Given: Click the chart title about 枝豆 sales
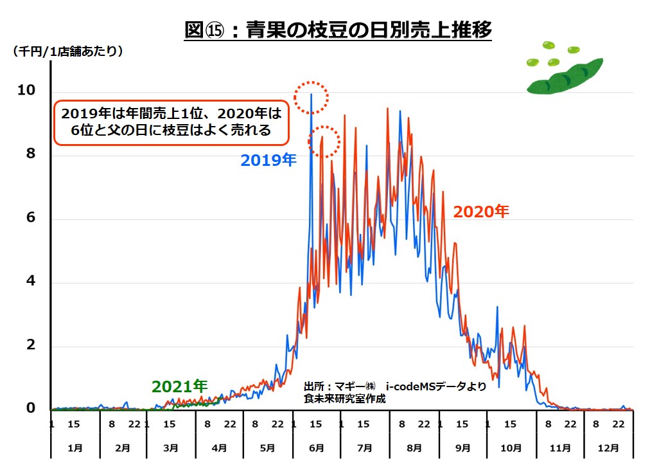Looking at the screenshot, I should click(338, 30).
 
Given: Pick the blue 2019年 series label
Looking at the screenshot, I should click(268, 160).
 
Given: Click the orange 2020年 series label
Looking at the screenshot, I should click(481, 211).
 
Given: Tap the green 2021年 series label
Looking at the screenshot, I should click(179, 386).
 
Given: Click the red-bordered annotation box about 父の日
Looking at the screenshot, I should click(171, 122).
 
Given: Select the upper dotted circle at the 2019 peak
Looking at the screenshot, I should click(312, 98).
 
